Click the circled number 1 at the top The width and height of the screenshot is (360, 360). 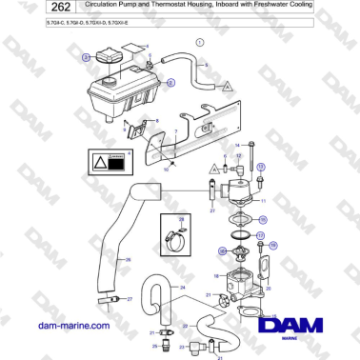[x=199, y=44]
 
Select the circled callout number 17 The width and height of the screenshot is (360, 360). [x=261, y=235]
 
